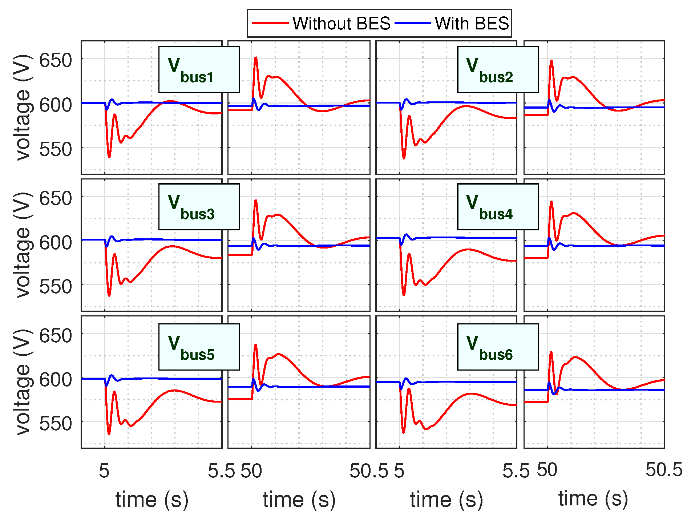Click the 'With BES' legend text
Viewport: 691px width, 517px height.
coord(472,24)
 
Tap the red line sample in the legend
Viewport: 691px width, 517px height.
coord(270,23)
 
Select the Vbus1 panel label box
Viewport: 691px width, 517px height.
coord(199,69)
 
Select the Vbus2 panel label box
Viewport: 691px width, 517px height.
coord(498,69)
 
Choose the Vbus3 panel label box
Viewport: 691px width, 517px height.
coord(199,207)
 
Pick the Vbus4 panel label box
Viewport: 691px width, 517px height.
coord(498,207)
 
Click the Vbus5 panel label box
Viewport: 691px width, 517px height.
coord(199,347)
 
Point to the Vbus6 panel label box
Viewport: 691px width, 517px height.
coord(498,347)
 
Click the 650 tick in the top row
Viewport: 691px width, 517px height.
coord(56,60)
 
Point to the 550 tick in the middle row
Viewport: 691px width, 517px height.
coord(56,287)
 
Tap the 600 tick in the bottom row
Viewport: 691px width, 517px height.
coord(56,380)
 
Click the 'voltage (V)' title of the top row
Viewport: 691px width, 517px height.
coord(23,107)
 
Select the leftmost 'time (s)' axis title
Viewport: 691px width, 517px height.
coord(152,500)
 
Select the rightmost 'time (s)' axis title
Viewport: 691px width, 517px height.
coord(593,498)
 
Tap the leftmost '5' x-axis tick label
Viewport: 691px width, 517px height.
coord(104,471)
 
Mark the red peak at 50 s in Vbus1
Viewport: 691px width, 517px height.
coord(256,57)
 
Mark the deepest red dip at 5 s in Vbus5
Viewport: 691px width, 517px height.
coord(109,433)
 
